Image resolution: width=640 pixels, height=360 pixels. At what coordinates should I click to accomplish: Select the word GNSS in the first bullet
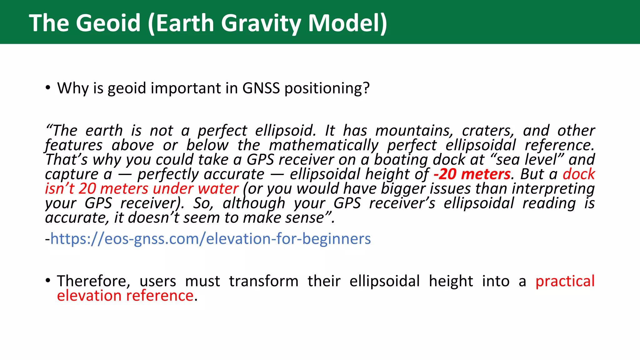click(x=261, y=88)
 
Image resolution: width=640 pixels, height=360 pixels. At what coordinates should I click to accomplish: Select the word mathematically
click(x=324, y=146)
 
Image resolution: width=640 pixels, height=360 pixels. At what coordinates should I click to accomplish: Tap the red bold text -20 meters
click(x=472, y=174)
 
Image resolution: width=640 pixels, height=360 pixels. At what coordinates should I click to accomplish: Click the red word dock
click(x=579, y=174)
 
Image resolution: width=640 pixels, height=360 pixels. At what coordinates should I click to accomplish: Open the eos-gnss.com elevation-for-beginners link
click(x=210, y=239)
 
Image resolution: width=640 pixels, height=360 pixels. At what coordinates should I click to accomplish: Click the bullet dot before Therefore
click(x=47, y=281)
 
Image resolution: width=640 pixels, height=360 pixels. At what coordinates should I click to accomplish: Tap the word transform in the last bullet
click(x=263, y=281)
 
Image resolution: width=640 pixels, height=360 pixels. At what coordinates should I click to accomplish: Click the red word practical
click(x=565, y=281)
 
